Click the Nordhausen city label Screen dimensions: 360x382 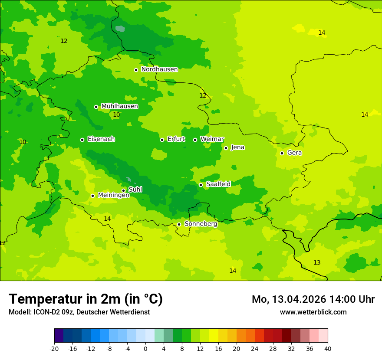click(159, 69)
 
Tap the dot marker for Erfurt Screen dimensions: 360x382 click(162, 140)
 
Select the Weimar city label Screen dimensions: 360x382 click(212, 139)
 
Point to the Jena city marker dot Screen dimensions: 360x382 click(226, 148)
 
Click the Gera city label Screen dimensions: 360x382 click(294, 153)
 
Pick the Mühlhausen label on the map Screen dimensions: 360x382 click(119, 106)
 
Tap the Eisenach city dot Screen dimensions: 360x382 click(82, 140)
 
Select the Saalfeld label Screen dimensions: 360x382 click(218, 184)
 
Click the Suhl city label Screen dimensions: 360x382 click(135, 190)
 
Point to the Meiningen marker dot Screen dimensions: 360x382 click(92, 196)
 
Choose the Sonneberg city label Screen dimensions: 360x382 click(201, 224)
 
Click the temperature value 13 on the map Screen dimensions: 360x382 click(317, 262)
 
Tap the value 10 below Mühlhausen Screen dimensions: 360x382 click(116, 115)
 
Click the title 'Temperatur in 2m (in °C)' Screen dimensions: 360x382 click(86, 299)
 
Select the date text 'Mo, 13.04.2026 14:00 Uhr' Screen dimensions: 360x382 click(313, 299)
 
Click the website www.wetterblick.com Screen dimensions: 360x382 click(313, 312)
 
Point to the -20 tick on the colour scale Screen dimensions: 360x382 click(54, 348)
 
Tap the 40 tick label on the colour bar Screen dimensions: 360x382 click(327, 348)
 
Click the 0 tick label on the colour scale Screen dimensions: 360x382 click(145, 348)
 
